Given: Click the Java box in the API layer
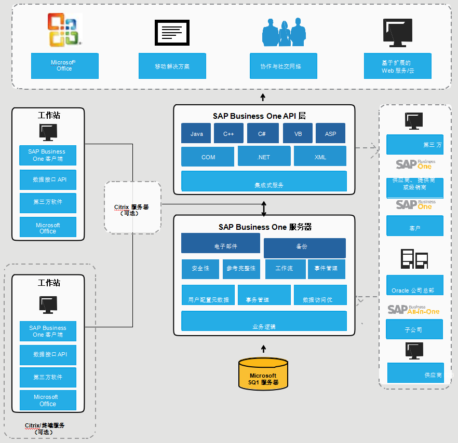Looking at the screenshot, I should [x=196, y=133].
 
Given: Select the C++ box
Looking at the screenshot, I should [x=228, y=133].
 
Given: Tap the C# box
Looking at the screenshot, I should [x=262, y=133].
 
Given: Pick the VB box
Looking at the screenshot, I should [x=298, y=133].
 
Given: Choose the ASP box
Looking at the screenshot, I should [x=331, y=133].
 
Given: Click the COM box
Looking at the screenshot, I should [x=208, y=156].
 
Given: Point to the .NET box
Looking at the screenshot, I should [x=264, y=156].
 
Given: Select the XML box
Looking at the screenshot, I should [x=320, y=156].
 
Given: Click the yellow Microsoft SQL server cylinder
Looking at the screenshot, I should [x=263, y=375].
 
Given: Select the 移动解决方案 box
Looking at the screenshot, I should [x=172, y=66].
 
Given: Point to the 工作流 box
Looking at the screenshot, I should [x=285, y=269].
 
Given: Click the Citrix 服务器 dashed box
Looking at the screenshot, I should [x=132, y=206].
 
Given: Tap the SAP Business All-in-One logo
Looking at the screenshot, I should [x=413, y=310].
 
